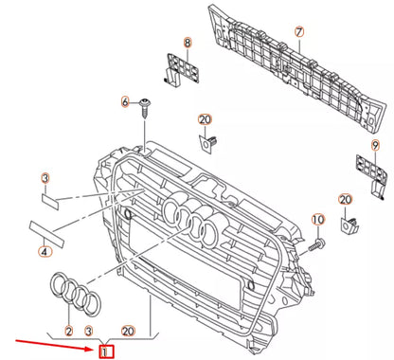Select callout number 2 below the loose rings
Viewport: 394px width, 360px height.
[69, 332]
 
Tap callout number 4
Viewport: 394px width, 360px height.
[45, 251]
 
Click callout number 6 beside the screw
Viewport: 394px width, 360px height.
[126, 102]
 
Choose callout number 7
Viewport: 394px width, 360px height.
[299, 32]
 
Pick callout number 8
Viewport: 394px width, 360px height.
[188, 43]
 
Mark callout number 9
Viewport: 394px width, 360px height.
[375, 146]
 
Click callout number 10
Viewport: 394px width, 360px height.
[318, 220]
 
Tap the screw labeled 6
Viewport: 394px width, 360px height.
[145, 108]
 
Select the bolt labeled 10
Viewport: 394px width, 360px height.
[316, 245]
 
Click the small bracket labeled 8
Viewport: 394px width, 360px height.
[182, 69]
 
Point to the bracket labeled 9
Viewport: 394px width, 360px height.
[372, 175]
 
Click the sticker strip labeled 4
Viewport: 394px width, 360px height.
[46, 234]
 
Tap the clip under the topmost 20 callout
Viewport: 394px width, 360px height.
[208, 144]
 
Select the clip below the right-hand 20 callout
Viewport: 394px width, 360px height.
[349, 225]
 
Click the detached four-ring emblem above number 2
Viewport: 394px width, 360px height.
[75, 293]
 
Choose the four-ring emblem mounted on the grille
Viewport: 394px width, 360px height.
[191, 221]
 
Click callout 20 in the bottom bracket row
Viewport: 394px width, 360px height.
[128, 332]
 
